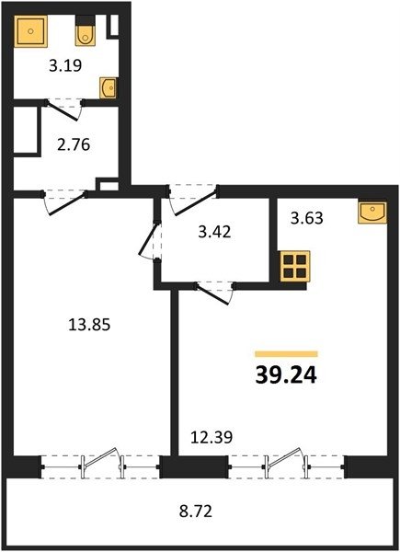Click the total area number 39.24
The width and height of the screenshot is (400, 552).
coord(286,375)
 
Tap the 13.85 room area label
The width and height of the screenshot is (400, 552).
coord(89,324)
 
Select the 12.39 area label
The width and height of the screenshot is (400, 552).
coord(211,437)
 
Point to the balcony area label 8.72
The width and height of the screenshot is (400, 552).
coord(196,512)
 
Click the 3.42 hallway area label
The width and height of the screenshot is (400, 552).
coord(214,232)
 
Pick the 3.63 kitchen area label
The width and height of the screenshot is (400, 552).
coord(307,218)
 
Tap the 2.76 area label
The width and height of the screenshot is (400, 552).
coord(74,144)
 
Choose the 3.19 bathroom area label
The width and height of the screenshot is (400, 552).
coord(65,65)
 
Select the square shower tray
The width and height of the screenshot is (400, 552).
coord(30,31)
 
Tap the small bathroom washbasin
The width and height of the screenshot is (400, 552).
coord(108,87)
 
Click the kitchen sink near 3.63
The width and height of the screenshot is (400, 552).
coord(372,213)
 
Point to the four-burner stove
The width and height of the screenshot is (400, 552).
coord(295,266)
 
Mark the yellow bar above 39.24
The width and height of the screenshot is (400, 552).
coord(286,354)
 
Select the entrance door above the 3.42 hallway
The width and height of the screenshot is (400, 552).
coord(193,200)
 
